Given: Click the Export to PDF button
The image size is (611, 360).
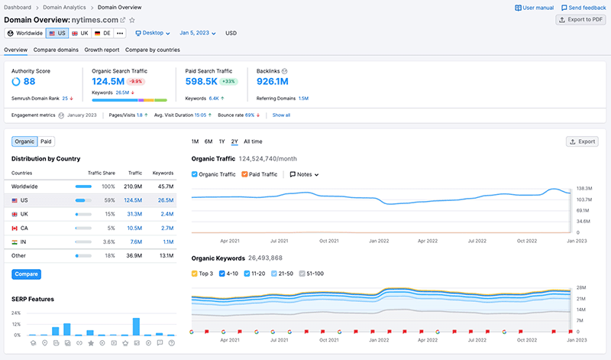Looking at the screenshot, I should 580,20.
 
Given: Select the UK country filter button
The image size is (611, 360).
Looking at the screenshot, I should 80,34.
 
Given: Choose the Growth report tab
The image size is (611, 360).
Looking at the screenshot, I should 102,50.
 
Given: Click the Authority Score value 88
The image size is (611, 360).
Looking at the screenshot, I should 29,82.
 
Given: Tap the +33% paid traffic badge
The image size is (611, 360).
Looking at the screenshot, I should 228,82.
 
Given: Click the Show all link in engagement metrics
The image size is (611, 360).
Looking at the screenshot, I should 281,115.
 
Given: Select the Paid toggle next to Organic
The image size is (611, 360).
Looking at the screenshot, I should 47,141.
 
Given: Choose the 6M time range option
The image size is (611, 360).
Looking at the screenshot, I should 209,141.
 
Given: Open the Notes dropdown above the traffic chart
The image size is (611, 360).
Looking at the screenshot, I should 304,174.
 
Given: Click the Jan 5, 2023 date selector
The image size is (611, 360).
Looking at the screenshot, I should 197,34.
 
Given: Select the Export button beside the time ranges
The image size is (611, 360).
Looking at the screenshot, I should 582,141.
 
